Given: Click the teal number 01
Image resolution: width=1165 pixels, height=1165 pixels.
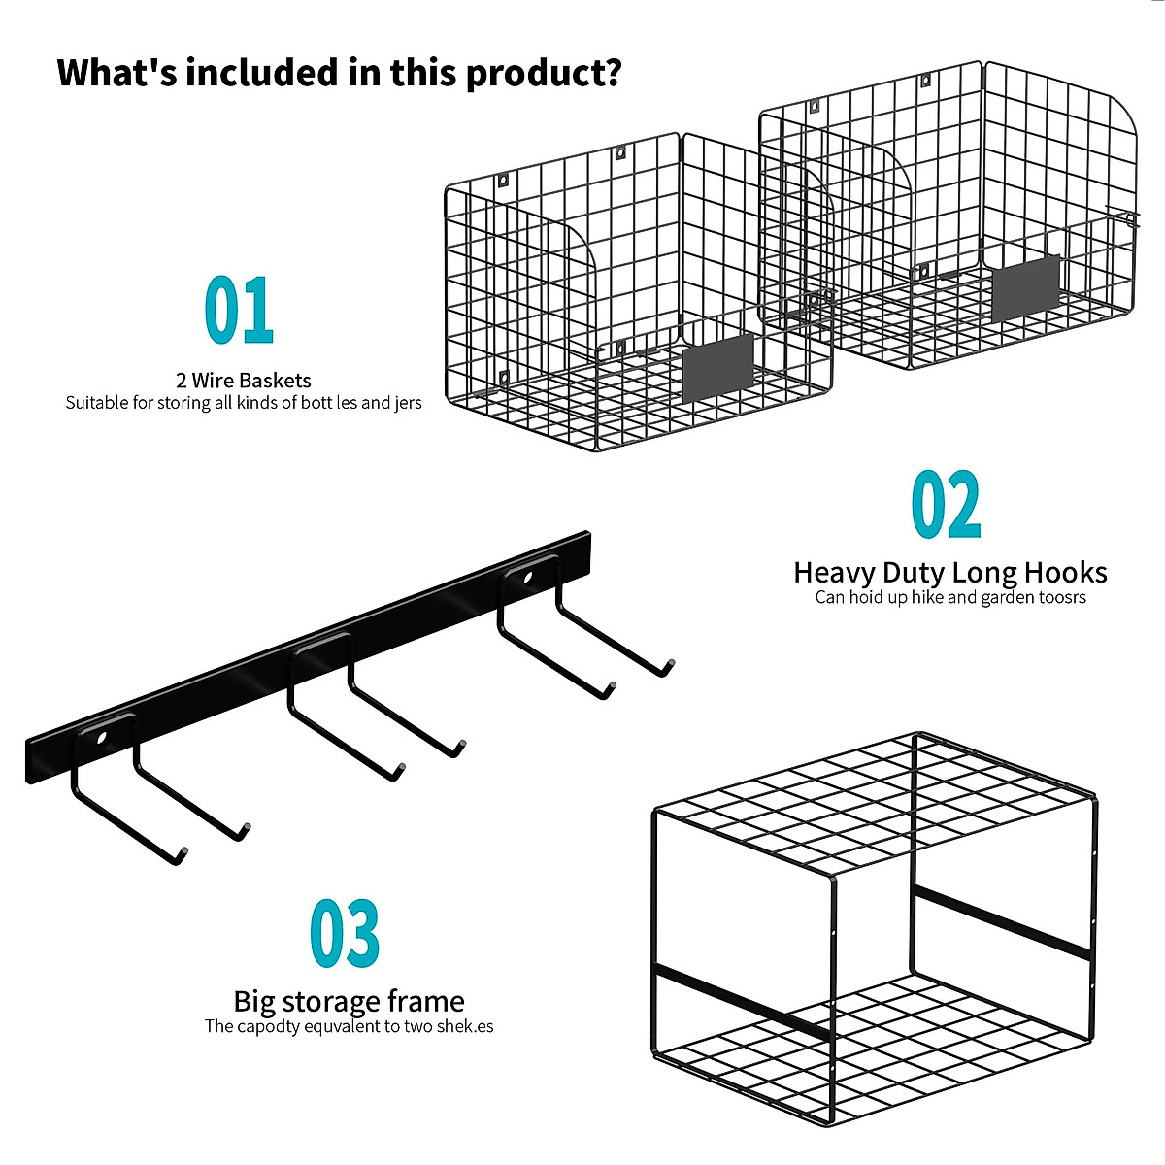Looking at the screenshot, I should click(239, 311).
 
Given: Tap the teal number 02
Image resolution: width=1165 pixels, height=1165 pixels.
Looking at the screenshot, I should click(946, 505).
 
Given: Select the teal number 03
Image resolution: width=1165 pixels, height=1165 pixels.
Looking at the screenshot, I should click(345, 934).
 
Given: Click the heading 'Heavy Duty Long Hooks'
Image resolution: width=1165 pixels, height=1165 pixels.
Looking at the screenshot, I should click(949, 572).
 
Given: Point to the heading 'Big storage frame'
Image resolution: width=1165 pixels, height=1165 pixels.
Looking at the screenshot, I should click(349, 1001).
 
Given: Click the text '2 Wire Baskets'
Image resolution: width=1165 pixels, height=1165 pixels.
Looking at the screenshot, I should click(244, 380).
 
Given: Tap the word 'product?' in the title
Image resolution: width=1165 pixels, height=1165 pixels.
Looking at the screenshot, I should click(544, 73).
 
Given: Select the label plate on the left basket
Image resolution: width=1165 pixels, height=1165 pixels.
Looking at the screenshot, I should click(718, 368).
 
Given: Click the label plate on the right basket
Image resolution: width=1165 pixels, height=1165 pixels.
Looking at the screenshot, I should click(1026, 285).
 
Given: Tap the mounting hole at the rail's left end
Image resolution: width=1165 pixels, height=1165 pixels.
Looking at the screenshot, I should click(101, 738).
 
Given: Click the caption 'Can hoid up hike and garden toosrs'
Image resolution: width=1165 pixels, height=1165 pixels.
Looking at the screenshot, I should click(949, 597).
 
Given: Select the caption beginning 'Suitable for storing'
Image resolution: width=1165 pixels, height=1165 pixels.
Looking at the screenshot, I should click(244, 402).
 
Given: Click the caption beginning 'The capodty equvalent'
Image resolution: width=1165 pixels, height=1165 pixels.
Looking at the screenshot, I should click(349, 1026).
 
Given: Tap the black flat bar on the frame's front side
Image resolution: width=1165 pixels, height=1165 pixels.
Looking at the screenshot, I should click(743, 1000).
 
